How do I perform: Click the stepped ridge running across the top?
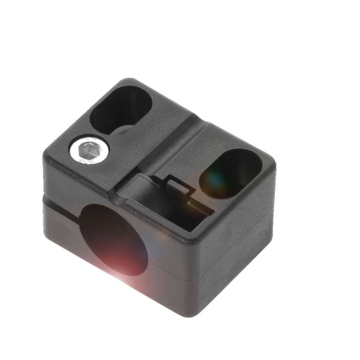pyautogui.click(x=176, y=134)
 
